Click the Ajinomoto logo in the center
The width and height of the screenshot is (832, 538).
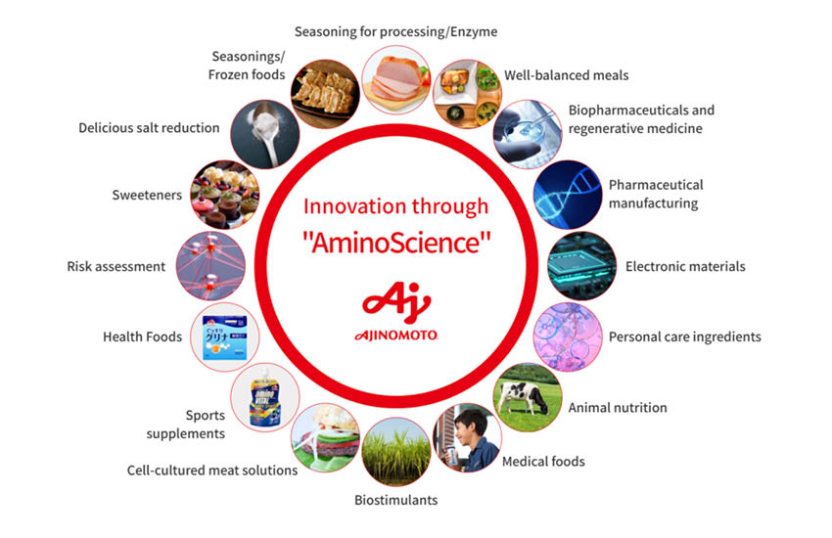[395, 311]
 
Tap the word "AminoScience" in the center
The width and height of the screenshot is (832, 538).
[396, 243]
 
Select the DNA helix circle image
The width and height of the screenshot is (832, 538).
[567, 195]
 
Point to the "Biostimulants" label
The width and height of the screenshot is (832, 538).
[395, 500]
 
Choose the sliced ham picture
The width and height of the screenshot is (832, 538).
[396, 79]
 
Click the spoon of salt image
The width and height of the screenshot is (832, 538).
[265, 134]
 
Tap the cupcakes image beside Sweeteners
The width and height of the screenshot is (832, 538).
[225, 195]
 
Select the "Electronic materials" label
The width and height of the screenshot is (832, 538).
[685, 266]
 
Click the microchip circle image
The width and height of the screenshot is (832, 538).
[582, 266]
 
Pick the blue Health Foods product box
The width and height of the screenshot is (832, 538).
[225, 336]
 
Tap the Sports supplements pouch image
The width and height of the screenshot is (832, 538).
[265, 397]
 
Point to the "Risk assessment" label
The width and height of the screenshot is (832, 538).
[116, 266]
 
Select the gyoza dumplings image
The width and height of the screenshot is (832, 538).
[325, 94]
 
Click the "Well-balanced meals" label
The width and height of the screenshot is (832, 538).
[566, 75]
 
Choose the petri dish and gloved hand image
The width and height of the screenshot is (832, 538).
[528, 134]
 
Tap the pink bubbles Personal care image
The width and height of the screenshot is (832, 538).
[567, 337]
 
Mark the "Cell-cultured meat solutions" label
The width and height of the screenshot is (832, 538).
[212, 471]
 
